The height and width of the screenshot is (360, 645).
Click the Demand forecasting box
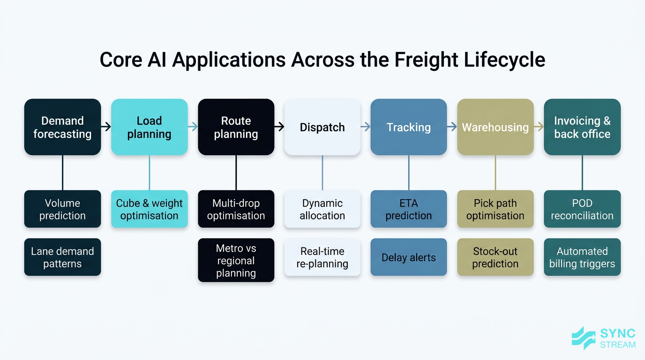[x=62, y=127]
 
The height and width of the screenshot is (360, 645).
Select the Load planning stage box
[x=149, y=127]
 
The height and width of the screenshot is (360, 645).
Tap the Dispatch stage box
[x=322, y=127]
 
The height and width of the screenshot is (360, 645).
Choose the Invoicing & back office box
[x=582, y=127]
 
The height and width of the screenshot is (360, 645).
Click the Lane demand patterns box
[x=62, y=257]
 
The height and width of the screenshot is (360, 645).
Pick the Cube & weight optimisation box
[x=149, y=209]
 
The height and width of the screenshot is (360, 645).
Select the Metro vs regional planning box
[x=236, y=261]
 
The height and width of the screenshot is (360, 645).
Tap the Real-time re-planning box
[x=322, y=257]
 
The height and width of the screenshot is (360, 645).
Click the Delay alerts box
[x=409, y=257]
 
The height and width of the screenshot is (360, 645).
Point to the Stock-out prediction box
[x=495, y=257]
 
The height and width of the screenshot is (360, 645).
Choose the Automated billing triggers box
[x=582, y=257]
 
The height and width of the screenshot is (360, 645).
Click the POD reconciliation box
[x=582, y=209]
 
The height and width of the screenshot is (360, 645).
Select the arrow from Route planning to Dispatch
[x=279, y=127]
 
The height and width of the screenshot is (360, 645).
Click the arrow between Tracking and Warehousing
[x=452, y=127]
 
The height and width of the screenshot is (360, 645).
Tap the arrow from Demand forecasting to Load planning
[x=106, y=127]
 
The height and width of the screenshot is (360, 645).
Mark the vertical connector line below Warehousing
[x=495, y=172]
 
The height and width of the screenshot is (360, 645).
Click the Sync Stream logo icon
[x=584, y=338]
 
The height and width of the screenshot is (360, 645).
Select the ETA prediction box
[x=409, y=209]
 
